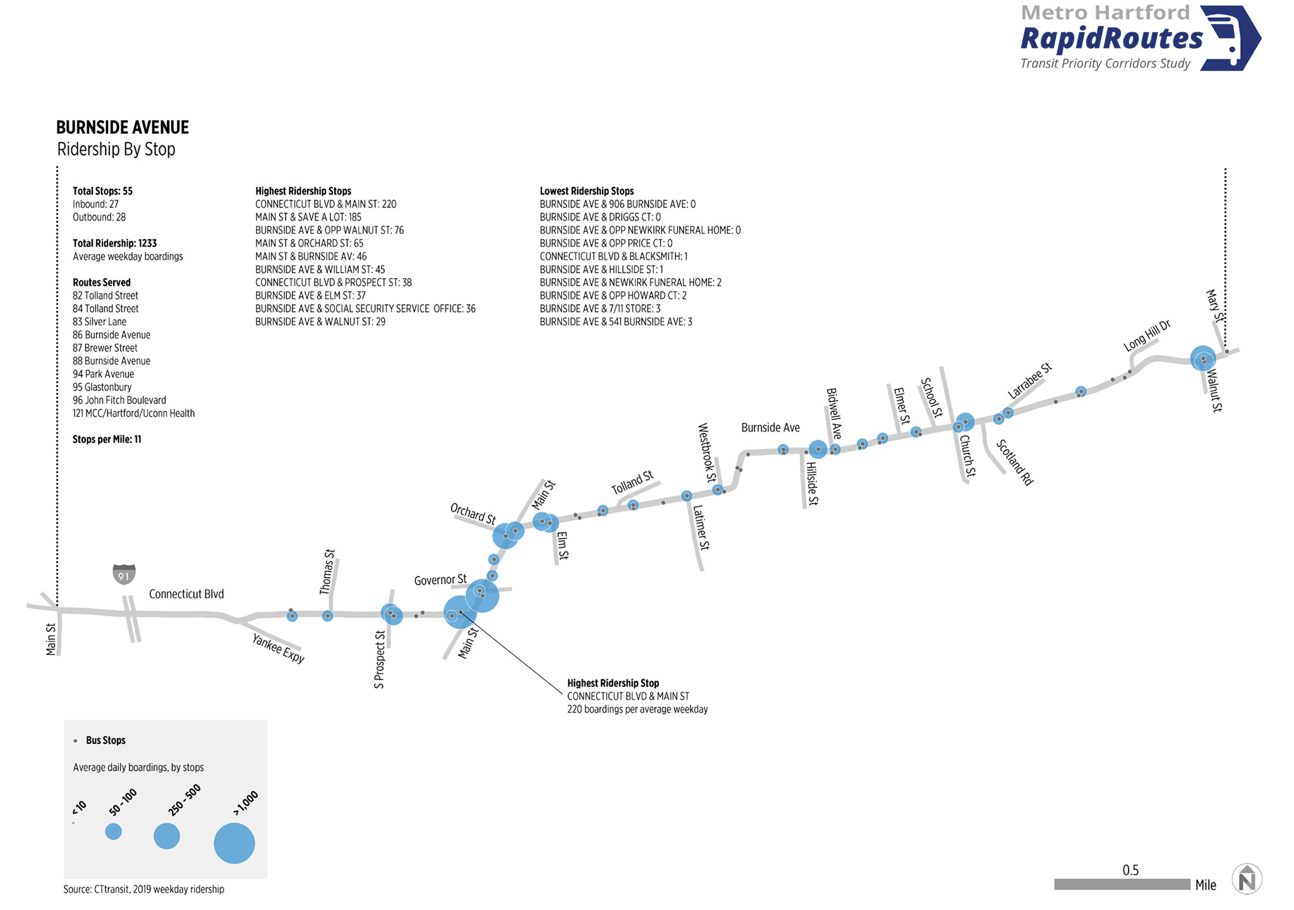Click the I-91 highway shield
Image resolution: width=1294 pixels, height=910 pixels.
click(124, 574)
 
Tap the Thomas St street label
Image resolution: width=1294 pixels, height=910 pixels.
click(327, 572)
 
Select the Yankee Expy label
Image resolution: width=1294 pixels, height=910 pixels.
click(279, 648)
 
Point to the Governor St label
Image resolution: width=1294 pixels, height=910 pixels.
click(440, 579)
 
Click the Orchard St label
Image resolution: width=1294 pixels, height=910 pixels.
click(473, 513)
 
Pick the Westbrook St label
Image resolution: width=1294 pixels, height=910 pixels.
click(707, 452)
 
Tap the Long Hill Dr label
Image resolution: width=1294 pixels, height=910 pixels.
click(1147, 336)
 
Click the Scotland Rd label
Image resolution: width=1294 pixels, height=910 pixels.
click(1015, 463)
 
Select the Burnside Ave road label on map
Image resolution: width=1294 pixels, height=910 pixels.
click(770, 428)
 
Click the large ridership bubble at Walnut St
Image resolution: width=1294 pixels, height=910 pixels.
click(1203, 358)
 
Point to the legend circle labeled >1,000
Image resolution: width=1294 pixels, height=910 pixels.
click(234, 843)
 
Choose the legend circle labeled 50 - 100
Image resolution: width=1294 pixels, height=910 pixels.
click(114, 831)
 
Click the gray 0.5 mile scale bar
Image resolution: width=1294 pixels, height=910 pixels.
click(1122, 884)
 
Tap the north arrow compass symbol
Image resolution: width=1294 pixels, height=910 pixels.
click(1247, 879)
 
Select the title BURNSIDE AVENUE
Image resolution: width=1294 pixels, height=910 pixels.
click(123, 128)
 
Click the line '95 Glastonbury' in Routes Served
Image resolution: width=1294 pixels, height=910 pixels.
click(102, 387)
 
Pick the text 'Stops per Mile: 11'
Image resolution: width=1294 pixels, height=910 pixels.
click(107, 439)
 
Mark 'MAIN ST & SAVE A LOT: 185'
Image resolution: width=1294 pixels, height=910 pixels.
click(308, 217)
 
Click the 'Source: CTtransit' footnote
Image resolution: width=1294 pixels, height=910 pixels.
click(143, 889)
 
